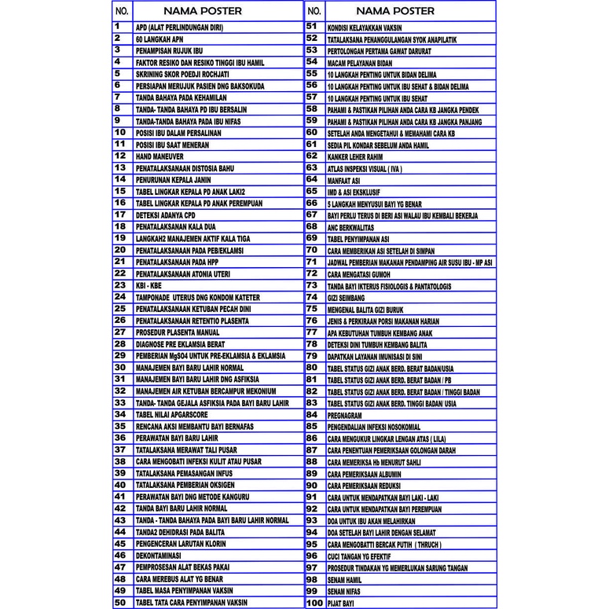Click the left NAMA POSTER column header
[203, 11]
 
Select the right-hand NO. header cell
[314, 11]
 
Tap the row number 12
[120, 156]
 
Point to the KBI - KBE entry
[149, 285]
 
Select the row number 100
[314, 603]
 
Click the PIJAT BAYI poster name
[341, 603]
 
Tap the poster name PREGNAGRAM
[345, 414]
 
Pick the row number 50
[120, 603]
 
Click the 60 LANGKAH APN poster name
[160, 39]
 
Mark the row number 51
[312, 26]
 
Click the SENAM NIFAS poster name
[344, 591]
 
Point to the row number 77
[312, 332]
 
